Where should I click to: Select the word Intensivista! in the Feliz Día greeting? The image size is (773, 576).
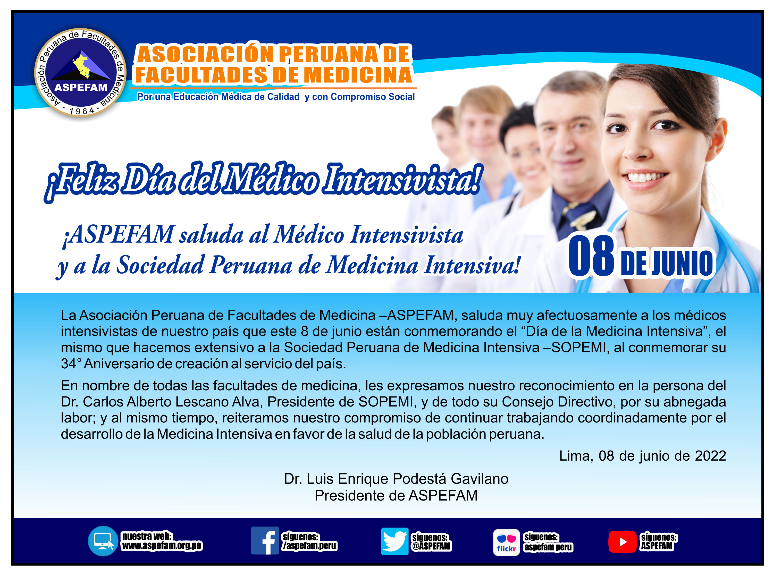403,180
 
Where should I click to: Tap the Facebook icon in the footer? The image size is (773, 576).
265,540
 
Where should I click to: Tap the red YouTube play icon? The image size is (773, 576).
622,541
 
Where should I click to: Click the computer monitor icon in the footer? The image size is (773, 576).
103,541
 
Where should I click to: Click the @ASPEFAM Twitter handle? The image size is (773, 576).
431,546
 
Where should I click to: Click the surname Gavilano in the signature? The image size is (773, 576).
480,479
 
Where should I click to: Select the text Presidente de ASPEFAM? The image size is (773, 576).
396,495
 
